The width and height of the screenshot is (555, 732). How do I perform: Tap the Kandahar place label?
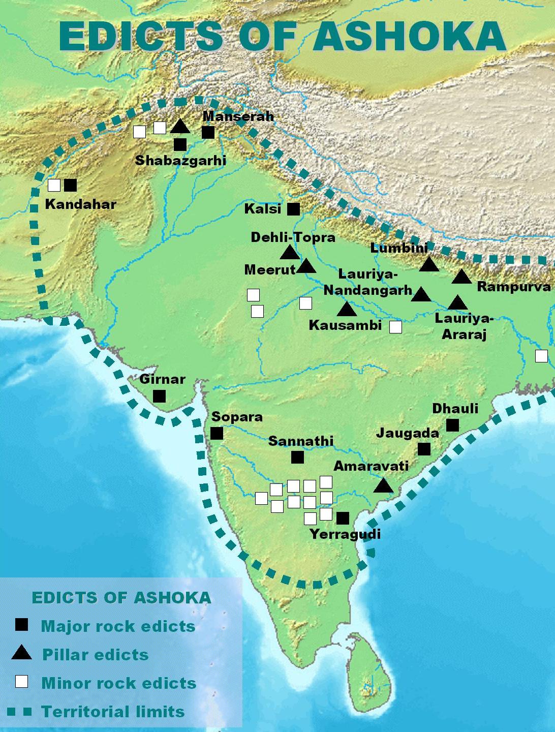(x=81, y=204)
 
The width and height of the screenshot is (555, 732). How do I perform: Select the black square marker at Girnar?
(x=160, y=395)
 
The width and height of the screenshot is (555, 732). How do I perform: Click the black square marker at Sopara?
(x=217, y=433)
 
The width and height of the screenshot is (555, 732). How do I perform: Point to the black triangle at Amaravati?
(x=384, y=485)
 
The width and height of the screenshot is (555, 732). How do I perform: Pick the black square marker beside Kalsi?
(x=293, y=209)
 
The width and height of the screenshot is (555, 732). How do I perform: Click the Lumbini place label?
(x=399, y=248)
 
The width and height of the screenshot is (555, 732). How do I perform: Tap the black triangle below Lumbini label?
(x=429, y=264)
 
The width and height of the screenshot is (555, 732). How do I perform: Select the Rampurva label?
(x=514, y=287)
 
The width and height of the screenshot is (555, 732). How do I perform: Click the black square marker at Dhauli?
(x=452, y=425)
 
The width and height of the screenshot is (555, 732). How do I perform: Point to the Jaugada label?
(x=407, y=433)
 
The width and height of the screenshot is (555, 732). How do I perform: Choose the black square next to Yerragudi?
(x=343, y=518)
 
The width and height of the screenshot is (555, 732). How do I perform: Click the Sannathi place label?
(x=301, y=441)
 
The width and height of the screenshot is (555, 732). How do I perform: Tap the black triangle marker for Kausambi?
(x=347, y=309)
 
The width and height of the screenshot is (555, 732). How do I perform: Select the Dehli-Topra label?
(x=293, y=237)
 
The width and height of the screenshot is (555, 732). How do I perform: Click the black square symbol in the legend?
(x=21, y=625)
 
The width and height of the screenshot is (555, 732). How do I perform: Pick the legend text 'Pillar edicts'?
(x=96, y=654)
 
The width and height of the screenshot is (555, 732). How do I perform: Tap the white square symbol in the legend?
(x=21, y=682)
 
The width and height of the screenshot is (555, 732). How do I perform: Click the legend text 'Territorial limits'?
(x=113, y=711)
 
